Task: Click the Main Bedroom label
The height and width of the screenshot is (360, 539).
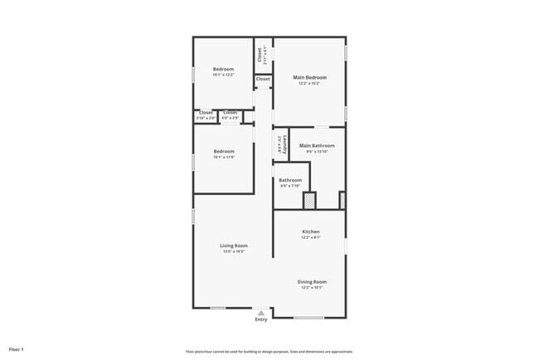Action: click(x=309, y=77)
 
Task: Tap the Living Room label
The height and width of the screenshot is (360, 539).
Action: click(x=234, y=246)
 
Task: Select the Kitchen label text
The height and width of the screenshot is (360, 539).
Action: click(x=311, y=231)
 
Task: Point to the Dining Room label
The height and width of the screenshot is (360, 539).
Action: click(x=313, y=282)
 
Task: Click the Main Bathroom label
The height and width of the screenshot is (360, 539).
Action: click(x=317, y=146)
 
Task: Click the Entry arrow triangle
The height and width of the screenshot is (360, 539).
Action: click(x=261, y=313)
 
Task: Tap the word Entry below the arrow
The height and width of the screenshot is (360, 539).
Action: click(x=261, y=319)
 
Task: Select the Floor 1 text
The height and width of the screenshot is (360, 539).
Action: click(x=17, y=348)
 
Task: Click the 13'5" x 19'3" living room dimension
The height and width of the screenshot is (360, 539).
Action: click(x=234, y=252)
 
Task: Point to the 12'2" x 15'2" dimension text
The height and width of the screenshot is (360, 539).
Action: click(x=309, y=83)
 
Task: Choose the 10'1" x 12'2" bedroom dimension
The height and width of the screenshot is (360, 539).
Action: click(x=224, y=75)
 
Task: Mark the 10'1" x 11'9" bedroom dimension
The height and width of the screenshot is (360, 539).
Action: click(x=224, y=158)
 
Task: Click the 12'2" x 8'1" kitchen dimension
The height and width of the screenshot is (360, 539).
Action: click(x=311, y=238)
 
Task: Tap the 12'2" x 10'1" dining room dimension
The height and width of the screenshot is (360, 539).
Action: click(x=313, y=289)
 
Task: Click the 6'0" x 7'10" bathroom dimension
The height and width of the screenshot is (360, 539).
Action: click(x=290, y=186)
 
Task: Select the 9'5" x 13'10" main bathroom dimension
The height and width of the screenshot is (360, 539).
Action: click(x=317, y=152)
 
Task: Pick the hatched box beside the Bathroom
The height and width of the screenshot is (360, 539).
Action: click(x=309, y=201)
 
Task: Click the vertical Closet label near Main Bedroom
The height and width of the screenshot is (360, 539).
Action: click(x=260, y=55)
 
